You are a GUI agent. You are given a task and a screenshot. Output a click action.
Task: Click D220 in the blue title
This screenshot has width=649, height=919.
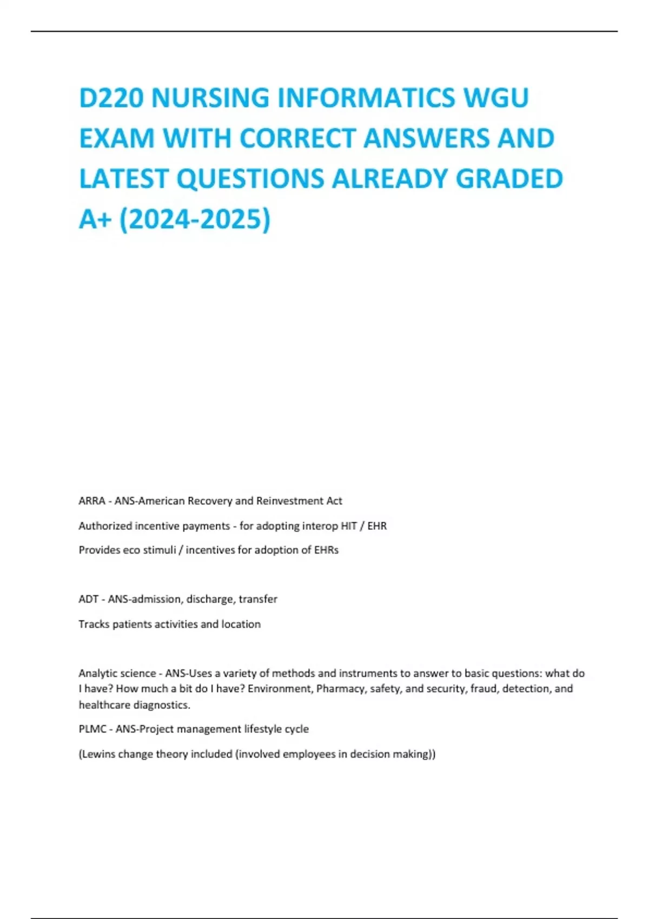[x=111, y=98]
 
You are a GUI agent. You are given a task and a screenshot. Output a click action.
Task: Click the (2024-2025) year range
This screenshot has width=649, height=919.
[x=195, y=219]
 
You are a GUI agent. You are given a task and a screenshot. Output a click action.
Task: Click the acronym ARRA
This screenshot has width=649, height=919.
[x=92, y=501]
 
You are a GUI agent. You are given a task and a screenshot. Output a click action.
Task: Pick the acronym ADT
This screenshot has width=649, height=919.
[x=89, y=600]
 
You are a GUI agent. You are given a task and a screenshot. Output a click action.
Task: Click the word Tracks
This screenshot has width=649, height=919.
[x=94, y=624]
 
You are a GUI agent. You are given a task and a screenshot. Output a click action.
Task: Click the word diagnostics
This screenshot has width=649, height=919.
[x=162, y=705]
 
